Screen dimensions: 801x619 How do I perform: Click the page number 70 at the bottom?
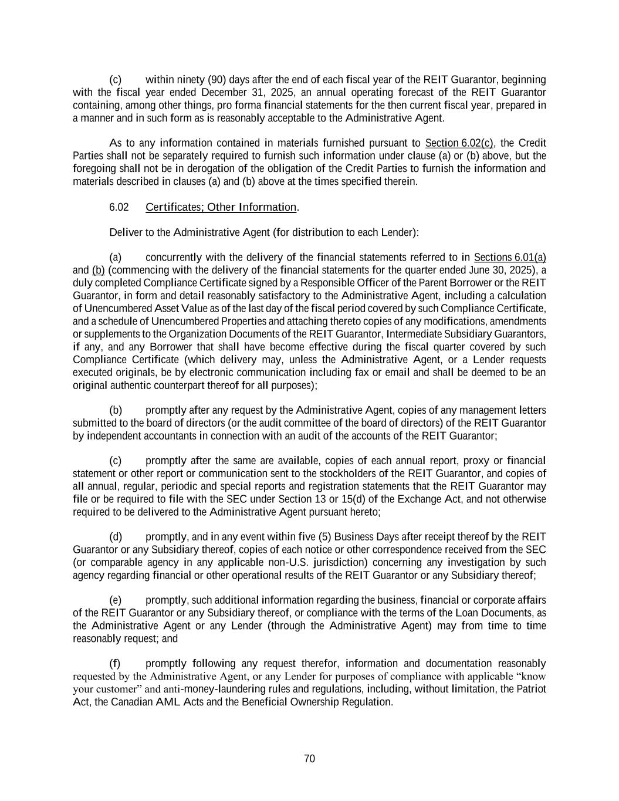pyautogui.click(x=310, y=759)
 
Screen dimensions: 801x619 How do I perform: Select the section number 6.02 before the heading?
pyautogui.click(x=119, y=207)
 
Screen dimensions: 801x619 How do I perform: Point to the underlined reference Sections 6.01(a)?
pyautogui.click(x=509, y=258)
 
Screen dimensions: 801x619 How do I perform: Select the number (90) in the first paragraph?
pyautogui.click(x=215, y=80)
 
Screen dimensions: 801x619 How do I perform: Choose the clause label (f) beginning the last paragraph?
pyautogui.click(x=116, y=664)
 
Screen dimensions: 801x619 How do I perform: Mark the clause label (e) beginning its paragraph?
pyautogui.click(x=116, y=600)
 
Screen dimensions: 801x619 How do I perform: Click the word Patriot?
pyautogui.click(x=530, y=689)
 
